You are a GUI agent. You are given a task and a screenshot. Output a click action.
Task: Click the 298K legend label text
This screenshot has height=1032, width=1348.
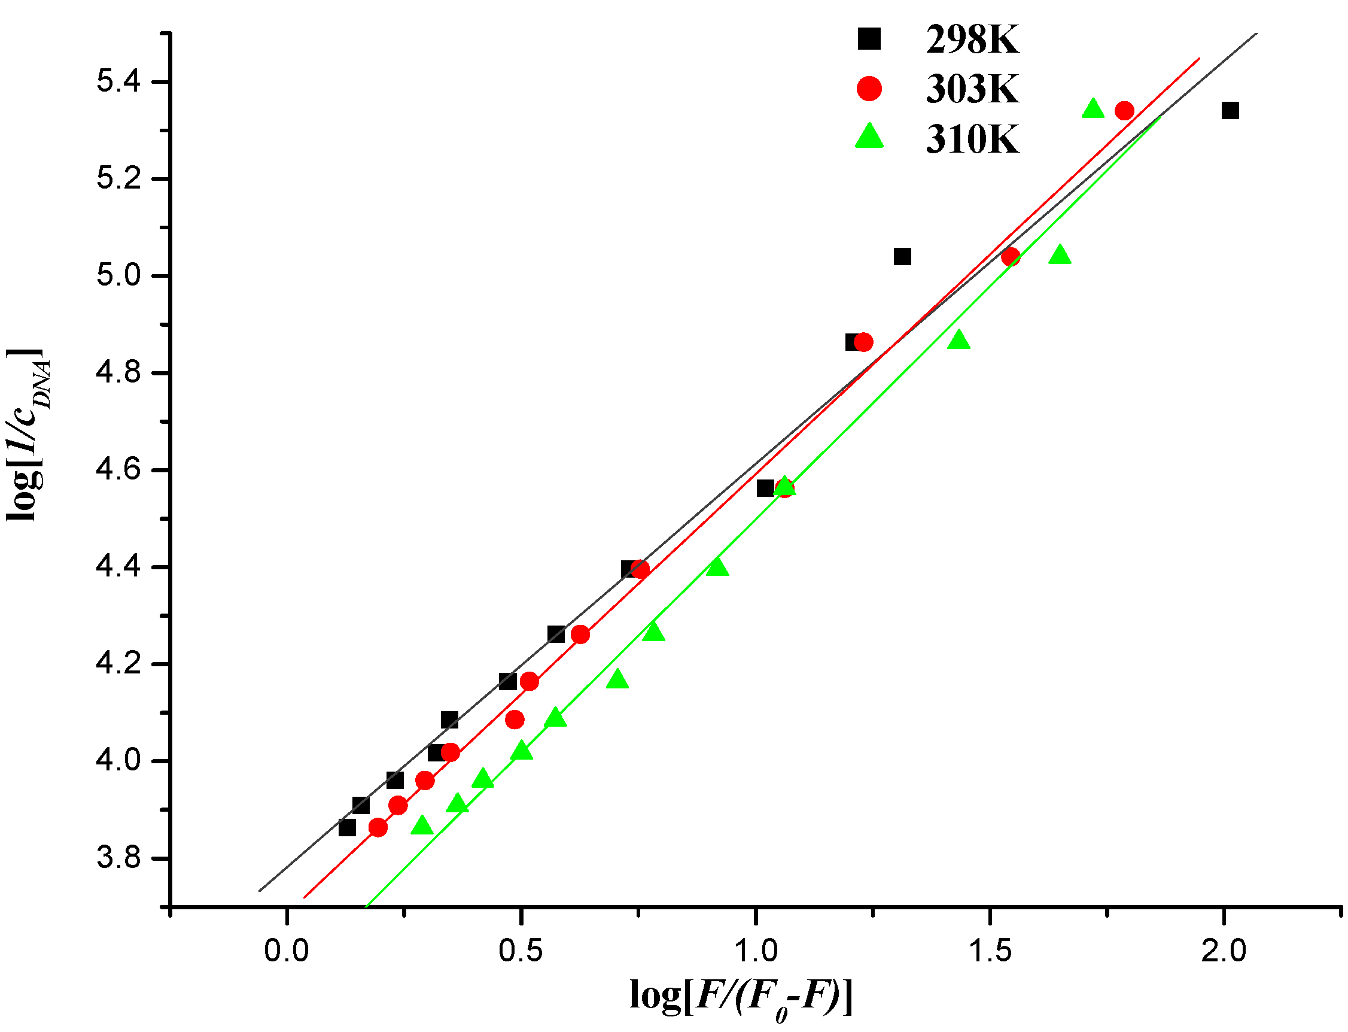coord(972,41)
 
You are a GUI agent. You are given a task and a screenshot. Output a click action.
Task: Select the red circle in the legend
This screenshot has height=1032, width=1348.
coord(869,89)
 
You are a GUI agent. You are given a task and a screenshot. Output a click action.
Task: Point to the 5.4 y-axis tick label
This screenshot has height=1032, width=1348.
coord(118,81)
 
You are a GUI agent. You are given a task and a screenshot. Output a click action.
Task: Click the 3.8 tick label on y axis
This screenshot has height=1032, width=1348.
coord(118,858)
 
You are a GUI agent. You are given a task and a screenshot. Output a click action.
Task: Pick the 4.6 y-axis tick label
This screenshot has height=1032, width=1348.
coord(118,470)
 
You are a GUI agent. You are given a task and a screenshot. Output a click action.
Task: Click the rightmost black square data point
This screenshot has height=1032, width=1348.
coord(1230,111)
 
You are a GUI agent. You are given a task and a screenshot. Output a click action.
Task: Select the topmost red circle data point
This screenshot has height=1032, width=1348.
coord(1125,111)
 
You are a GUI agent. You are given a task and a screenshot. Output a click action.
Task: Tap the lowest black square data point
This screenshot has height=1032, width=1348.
coord(348,828)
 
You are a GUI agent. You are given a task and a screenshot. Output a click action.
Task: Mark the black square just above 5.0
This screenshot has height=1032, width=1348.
coord(902,257)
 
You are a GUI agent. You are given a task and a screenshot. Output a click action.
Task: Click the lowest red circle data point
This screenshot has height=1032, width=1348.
coord(378,828)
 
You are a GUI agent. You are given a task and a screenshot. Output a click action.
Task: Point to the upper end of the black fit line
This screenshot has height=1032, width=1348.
coord(1256,34)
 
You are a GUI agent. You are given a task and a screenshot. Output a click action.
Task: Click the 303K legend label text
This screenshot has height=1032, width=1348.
coord(972,90)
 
